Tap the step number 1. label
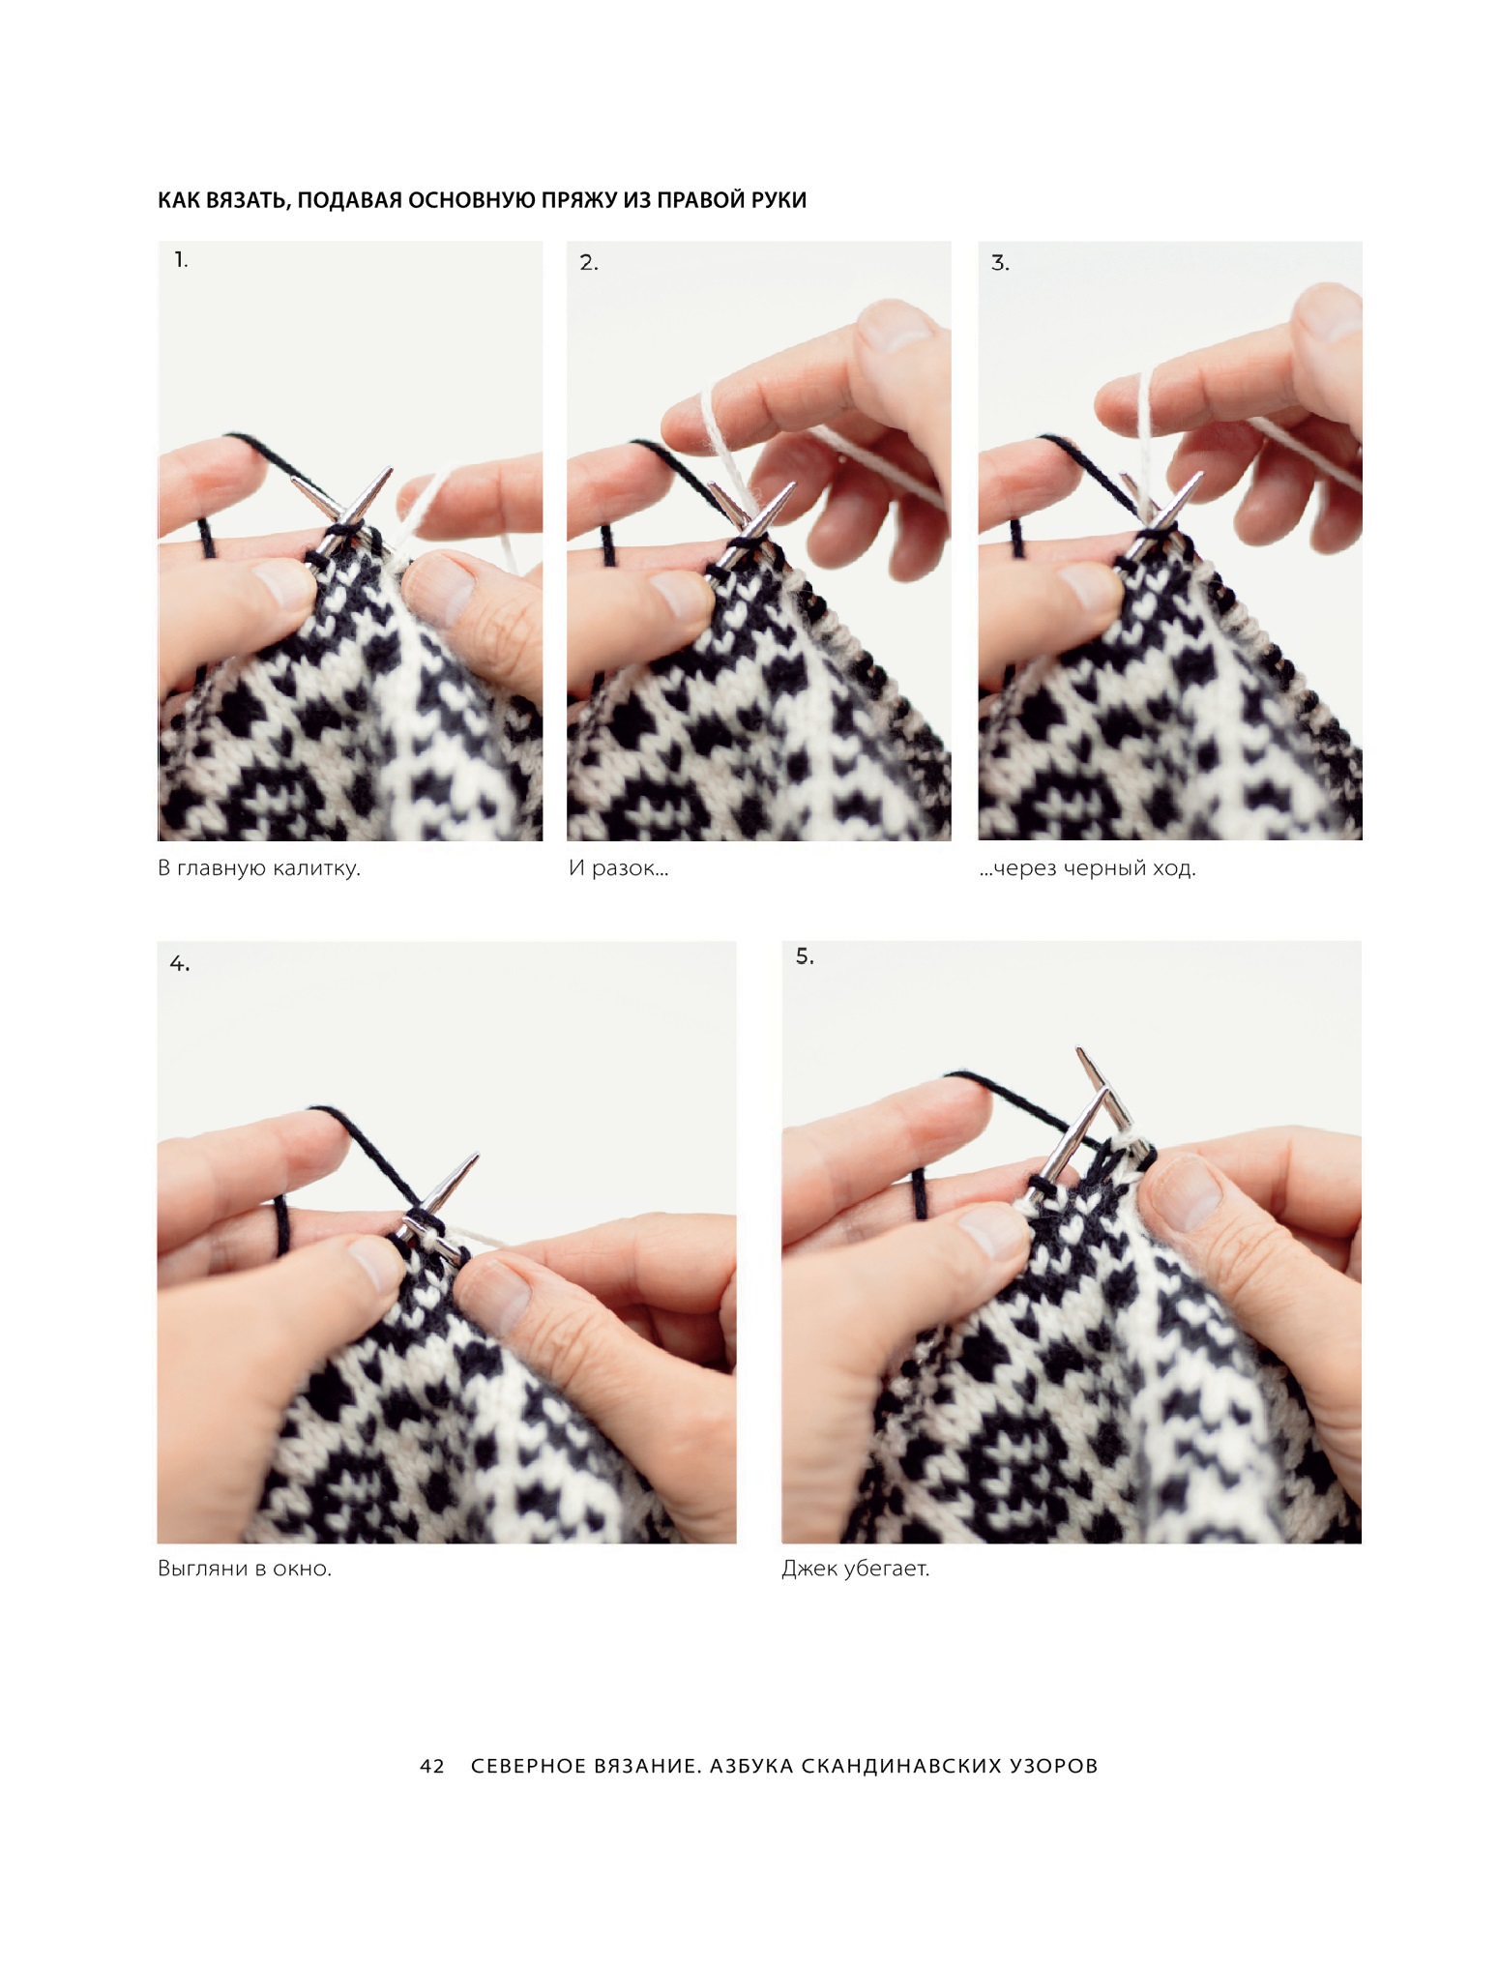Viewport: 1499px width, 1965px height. tap(181, 259)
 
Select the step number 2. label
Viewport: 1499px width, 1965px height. tap(589, 262)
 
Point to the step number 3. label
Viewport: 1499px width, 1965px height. tap(1000, 262)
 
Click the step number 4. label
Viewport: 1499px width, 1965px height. tap(180, 963)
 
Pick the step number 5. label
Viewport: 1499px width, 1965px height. tap(805, 956)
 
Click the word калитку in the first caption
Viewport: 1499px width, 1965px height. tap(315, 868)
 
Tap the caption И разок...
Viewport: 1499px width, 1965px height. tap(618, 868)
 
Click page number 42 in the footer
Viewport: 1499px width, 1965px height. tap(432, 1766)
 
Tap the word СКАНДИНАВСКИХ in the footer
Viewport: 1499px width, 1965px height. tap(900, 1766)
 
